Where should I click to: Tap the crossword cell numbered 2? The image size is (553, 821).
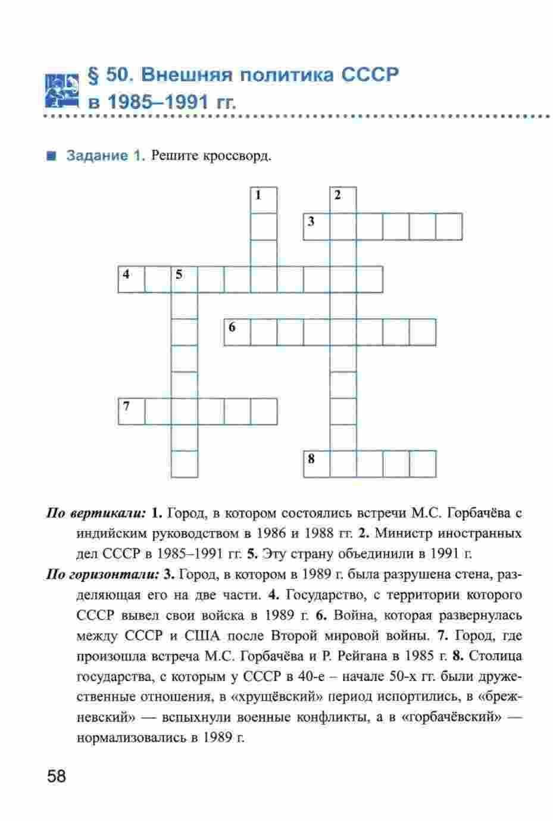pyautogui.click(x=343, y=200)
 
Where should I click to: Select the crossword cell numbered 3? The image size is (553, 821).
pyautogui.click(x=317, y=226)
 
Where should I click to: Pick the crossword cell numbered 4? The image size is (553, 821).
pyautogui.click(x=132, y=279)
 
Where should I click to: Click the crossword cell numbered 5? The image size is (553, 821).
pyautogui.click(x=185, y=279)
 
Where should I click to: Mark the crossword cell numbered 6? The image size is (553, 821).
pyautogui.click(x=238, y=332)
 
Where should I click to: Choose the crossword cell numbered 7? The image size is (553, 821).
pyautogui.click(x=132, y=411)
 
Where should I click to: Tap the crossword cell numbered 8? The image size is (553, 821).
pyautogui.click(x=317, y=464)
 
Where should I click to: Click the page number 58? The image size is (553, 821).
pyautogui.click(x=53, y=777)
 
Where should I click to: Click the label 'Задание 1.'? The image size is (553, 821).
pyautogui.click(x=106, y=157)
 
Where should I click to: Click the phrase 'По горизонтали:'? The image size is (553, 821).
pyautogui.click(x=102, y=575)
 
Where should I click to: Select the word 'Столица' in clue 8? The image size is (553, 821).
pyautogui.click(x=495, y=656)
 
